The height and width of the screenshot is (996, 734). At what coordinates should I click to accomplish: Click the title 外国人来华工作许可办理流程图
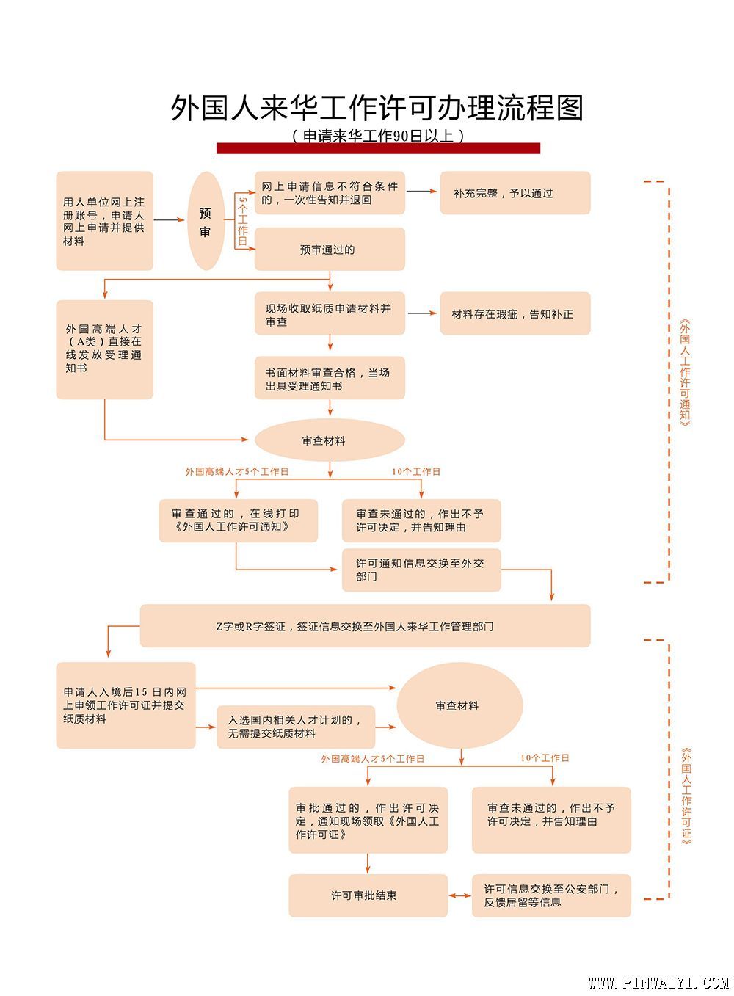coord(377,108)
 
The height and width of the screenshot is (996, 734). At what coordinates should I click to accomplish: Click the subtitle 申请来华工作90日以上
coord(378,136)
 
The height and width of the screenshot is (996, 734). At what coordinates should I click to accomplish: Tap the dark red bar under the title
coord(378,148)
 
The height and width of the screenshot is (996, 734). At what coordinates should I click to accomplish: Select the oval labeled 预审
coord(206,220)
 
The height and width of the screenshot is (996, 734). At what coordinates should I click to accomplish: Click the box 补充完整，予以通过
coord(515,193)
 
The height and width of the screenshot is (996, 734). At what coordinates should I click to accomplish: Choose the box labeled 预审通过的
coord(330,249)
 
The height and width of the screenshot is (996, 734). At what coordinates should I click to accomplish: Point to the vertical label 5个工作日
coord(243,221)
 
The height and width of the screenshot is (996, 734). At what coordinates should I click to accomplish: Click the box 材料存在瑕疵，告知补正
coord(515,313)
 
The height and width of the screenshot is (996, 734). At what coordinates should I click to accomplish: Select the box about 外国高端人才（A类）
coord(104,349)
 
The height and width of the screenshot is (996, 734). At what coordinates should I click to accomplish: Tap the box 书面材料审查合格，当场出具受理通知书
coord(330,377)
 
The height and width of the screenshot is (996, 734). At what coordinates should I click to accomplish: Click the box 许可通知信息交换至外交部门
coord(421,570)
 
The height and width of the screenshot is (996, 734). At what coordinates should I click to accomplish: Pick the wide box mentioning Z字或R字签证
coord(365,625)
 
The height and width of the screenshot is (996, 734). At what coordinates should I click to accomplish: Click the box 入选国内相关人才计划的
coord(296,727)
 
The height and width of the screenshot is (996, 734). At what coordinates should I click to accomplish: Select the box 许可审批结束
coord(368,895)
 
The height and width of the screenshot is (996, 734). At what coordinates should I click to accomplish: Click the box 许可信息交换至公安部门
coord(551,895)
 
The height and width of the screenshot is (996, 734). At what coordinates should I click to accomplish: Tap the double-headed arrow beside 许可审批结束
coord(459,895)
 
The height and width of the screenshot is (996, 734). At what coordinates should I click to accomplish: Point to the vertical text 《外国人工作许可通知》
coord(685,373)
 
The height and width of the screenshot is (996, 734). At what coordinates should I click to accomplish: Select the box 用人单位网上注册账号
coord(104,220)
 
